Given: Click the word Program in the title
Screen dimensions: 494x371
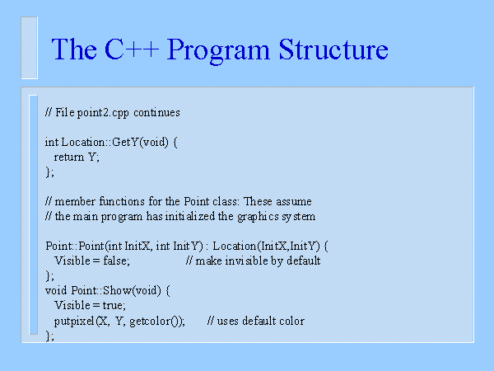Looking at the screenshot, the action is click(x=218, y=50).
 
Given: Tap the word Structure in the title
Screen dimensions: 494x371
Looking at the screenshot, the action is click(x=333, y=49).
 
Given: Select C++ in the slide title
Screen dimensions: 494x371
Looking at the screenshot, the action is click(x=132, y=49).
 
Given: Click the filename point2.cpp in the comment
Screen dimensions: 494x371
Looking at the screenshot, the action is click(x=103, y=113).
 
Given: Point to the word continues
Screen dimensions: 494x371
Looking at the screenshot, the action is click(x=156, y=112).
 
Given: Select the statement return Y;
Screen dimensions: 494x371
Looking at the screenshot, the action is click(x=77, y=157).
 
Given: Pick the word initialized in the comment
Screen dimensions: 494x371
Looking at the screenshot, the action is click(x=190, y=216).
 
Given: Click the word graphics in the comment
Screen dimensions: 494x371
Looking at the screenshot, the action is click(x=258, y=217).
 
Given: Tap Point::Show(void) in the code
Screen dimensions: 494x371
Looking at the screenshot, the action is click(x=116, y=290).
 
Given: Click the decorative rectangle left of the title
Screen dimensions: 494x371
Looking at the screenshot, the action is click(x=30, y=48).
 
